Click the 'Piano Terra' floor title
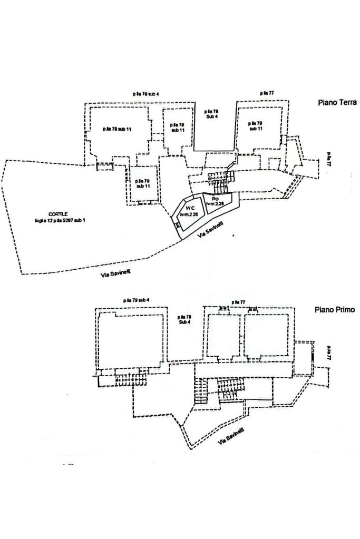tap(337, 102)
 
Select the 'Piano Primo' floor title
tap(335, 310)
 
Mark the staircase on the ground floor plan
tap(218, 181)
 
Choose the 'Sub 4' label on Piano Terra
tap(212, 116)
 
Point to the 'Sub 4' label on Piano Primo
tap(184, 321)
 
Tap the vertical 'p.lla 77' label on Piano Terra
tap(328, 159)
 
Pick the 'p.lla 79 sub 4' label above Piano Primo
tap(137, 300)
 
